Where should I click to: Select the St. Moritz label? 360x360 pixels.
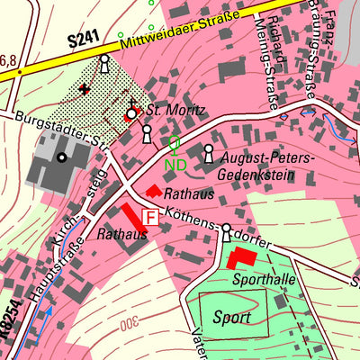tap(176, 112)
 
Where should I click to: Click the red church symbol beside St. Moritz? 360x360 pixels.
tap(132, 113)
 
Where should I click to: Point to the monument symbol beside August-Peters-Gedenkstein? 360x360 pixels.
tap(210, 154)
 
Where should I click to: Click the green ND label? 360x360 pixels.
tap(175, 165)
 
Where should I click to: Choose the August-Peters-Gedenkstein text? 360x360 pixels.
tap(268, 167)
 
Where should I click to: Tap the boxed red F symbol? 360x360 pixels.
tap(150, 217)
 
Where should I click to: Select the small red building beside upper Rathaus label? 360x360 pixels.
tap(153, 191)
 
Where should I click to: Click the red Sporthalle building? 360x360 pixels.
tap(239, 258)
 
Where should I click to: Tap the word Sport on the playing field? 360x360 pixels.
tap(232, 317)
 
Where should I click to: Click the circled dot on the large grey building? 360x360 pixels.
tap(61, 158)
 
